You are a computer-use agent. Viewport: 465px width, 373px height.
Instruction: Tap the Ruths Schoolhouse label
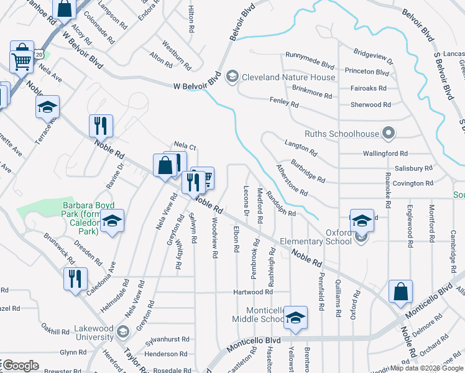coord(343,133)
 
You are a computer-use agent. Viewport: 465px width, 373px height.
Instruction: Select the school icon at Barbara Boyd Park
coord(112,221)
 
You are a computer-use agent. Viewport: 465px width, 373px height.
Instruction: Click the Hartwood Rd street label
coord(253,292)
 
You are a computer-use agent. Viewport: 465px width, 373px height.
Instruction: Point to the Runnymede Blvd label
coord(313,63)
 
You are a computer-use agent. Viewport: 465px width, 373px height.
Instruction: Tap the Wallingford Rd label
coord(386,153)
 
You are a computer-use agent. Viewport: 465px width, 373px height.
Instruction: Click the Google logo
coord(21,366)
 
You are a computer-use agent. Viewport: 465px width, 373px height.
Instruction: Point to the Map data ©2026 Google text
coord(426,368)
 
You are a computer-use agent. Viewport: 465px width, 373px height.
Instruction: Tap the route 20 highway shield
coord(39,55)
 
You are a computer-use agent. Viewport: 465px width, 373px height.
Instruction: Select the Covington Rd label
coord(413,183)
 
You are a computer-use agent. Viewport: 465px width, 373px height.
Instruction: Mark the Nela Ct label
coord(185,147)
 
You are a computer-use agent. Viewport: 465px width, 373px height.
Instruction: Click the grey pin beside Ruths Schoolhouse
coord(389,132)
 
